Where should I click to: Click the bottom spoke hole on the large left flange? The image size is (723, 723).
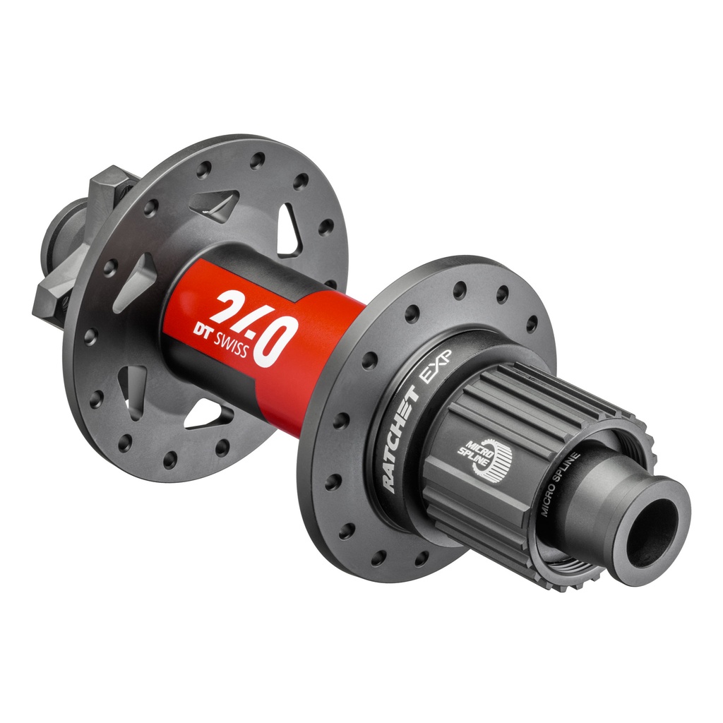(170, 460)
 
